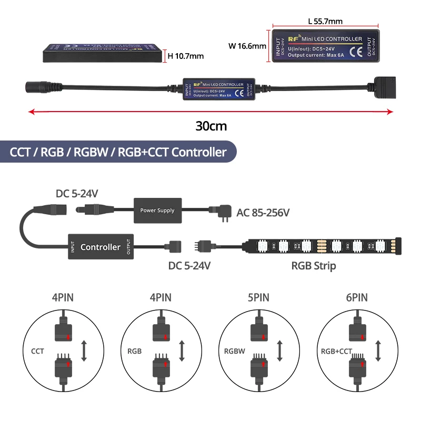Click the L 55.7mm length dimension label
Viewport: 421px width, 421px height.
click(325, 22)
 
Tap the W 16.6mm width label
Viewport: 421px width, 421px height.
click(247, 46)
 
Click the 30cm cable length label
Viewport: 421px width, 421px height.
click(210, 127)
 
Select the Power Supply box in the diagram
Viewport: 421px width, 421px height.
click(157, 210)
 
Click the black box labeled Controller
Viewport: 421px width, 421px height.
click(100, 247)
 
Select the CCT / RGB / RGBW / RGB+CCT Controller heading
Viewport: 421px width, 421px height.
click(118, 153)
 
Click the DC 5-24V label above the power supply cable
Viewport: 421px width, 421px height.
click(77, 194)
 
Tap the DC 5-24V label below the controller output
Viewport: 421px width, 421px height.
click(189, 266)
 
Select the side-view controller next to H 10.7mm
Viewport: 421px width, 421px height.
click(101, 53)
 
